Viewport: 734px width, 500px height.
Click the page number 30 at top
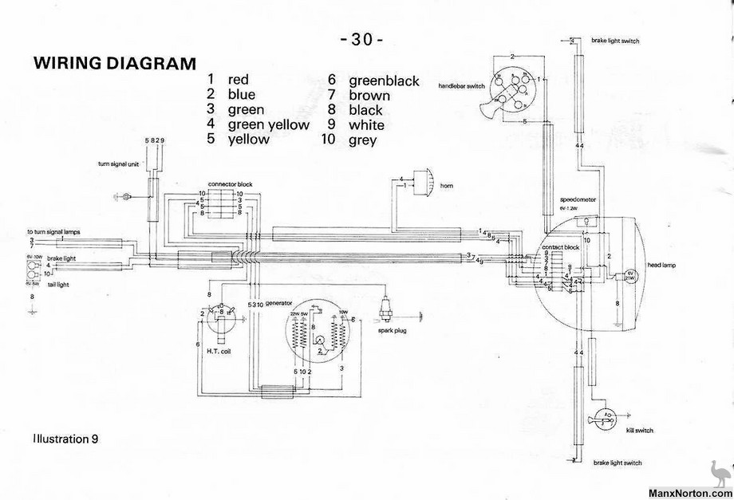(361, 39)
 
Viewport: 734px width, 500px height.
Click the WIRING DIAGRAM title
(113, 63)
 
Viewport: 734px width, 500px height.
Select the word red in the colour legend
(238, 79)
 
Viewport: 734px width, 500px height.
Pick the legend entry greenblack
(385, 79)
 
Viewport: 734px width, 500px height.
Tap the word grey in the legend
(363, 140)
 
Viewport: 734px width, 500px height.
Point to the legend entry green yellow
(268, 124)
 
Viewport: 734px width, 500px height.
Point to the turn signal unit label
(120, 163)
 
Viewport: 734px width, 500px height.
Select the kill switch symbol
(606, 418)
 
